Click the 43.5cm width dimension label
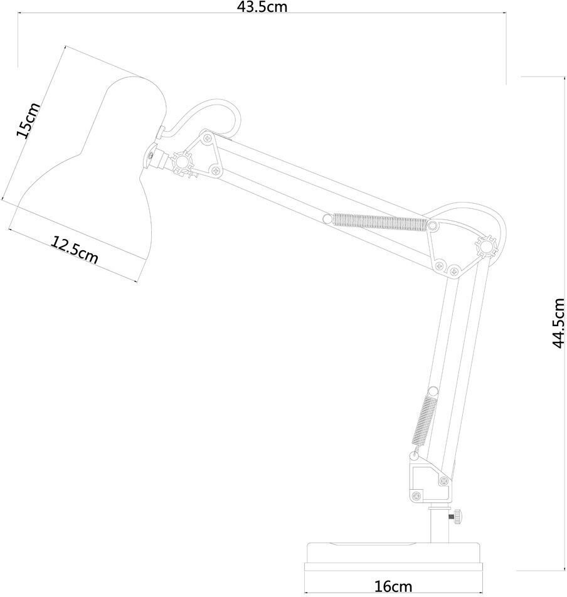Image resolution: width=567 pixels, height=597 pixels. click(261, 7)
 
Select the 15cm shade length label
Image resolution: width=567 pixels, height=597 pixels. click(29, 121)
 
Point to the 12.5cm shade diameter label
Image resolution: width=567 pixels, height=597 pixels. click(75, 250)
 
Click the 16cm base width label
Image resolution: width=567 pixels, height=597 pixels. click(393, 587)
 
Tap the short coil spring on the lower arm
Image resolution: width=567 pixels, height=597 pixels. click(425, 418)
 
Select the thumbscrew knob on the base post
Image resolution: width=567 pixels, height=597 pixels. click(455, 517)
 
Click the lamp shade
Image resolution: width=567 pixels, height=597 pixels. click(94, 169)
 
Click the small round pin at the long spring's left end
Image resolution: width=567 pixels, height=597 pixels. click(326, 218)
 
